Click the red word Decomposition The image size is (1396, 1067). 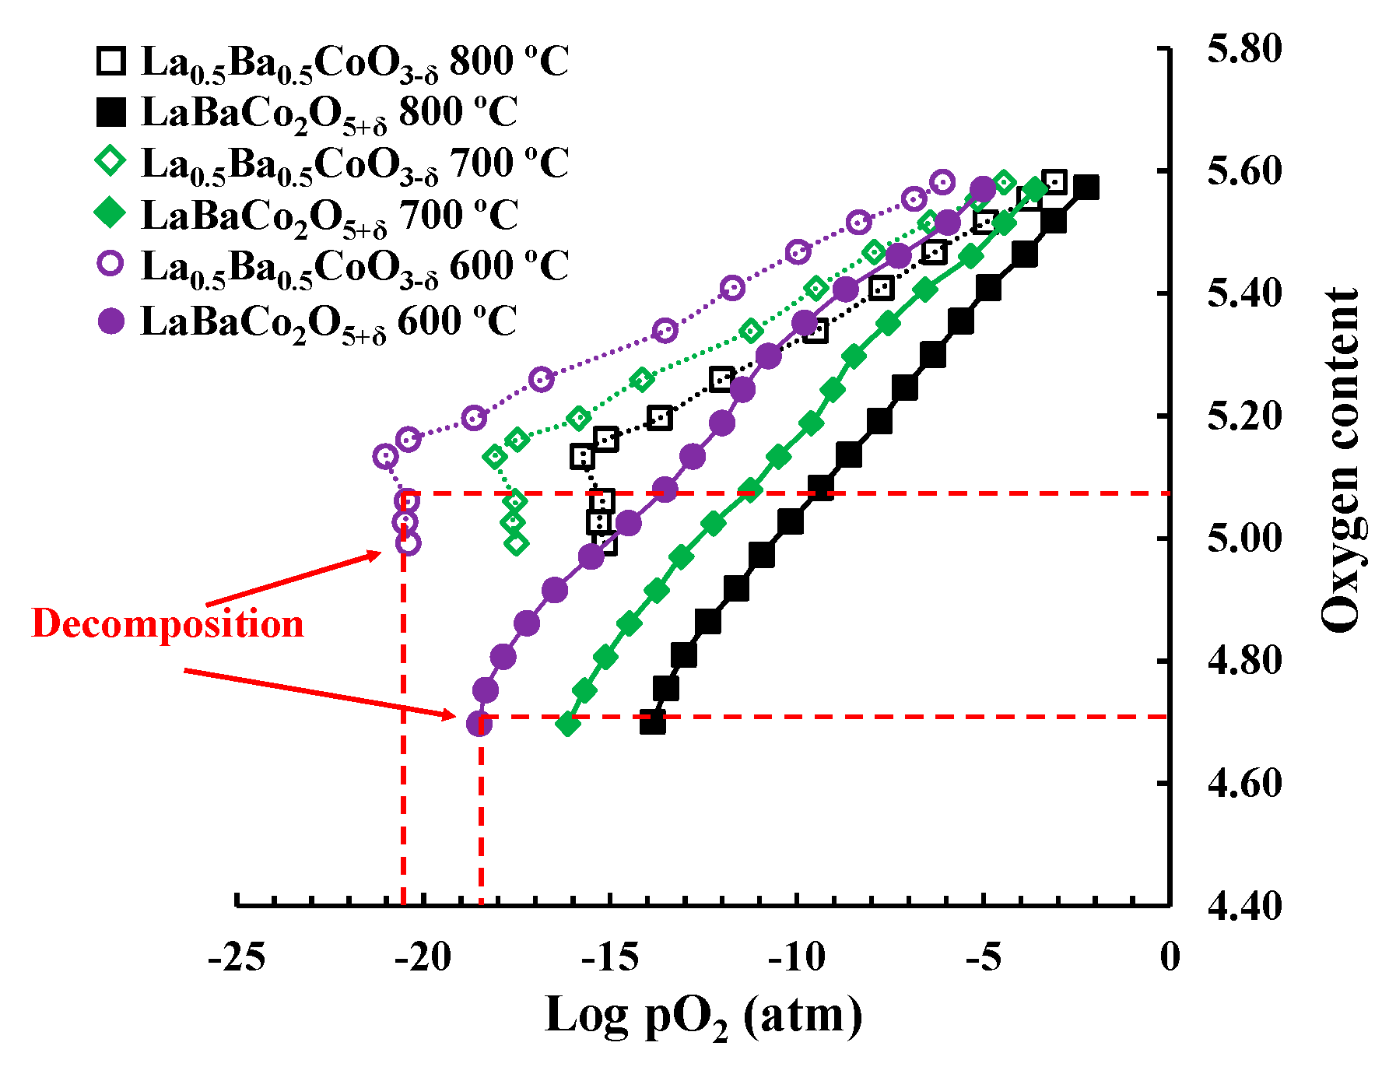pyautogui.click(x=167, y=624)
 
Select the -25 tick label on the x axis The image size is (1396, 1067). pyautogui.click(x=237, y=956)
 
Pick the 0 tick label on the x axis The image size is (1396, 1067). pyautogui.click(x=1170, y=956)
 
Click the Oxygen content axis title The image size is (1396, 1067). pyautogui.click(x=1341, y=459)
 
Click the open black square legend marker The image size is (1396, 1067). pyautogui.click(x=110, y=61)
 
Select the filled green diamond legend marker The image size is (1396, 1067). pyautogui.click(x=110, y=213)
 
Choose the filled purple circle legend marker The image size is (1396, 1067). pyautogui.click(x=110, y=321)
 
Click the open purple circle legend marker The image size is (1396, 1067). pyautogui.click(x=110, y=265)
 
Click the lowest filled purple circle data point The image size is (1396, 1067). pyautogui.click(x=479, y=725)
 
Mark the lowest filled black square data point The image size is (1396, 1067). pyautogui.click(x=653, y=723)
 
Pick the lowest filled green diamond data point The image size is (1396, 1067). pyautogui.click(x=568, y=725)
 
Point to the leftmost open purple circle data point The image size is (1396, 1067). pyautogui.click(x=385, y=456)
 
